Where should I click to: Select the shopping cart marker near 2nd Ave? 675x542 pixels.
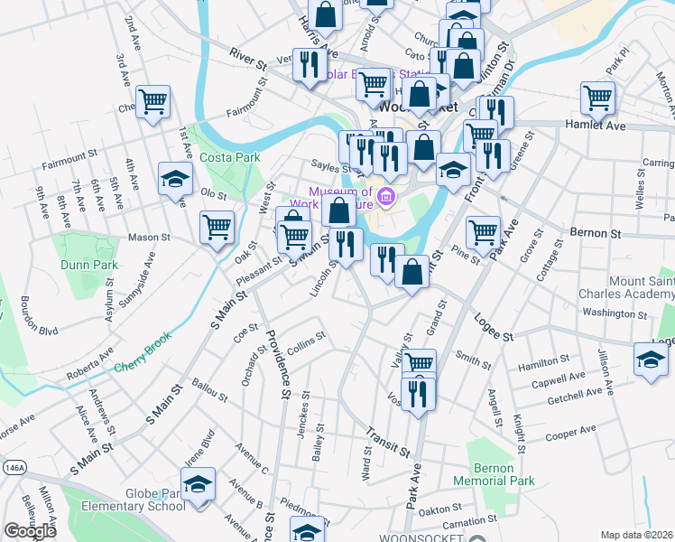(153, 101)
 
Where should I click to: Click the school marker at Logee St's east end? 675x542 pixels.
(651, 359)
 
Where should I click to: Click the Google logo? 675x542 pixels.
(30, 531)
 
